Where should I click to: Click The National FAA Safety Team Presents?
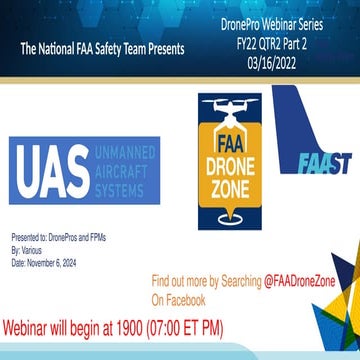pyautogui.click(x=102, y=48)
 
